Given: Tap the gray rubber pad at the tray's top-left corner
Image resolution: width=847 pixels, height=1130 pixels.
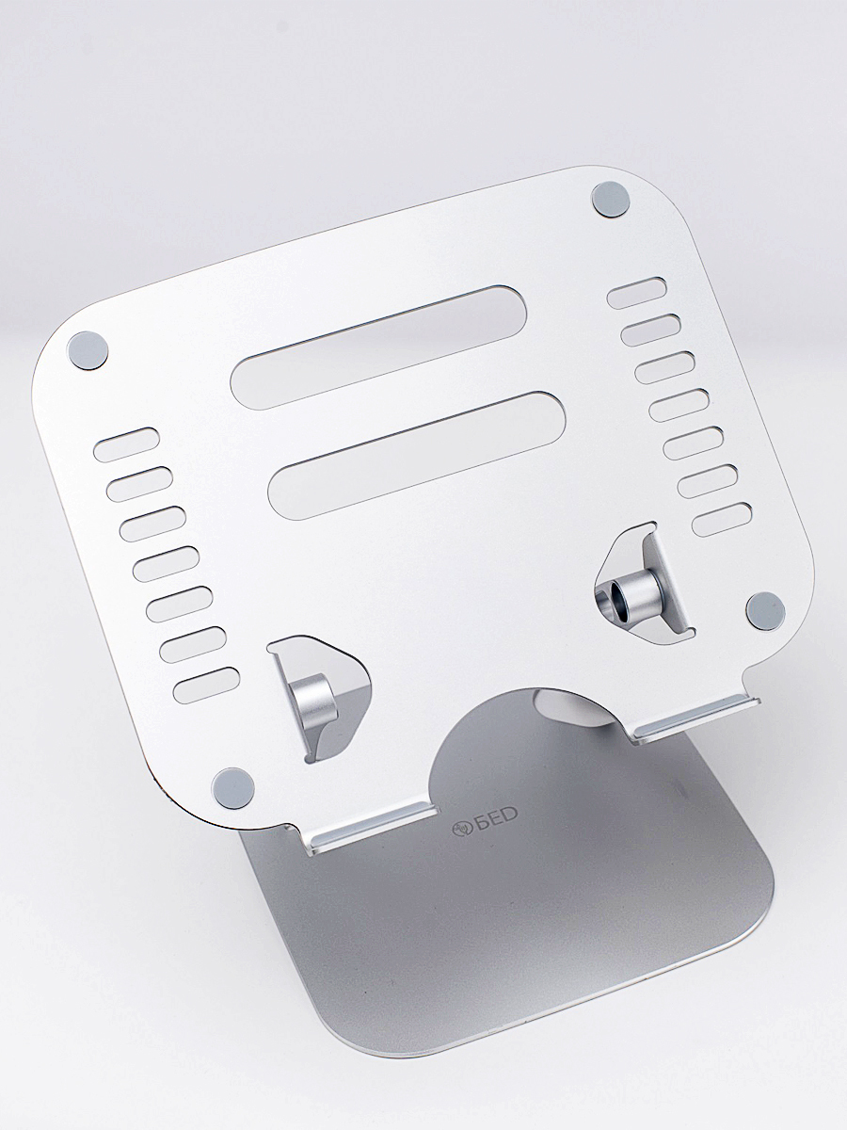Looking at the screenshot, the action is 88,349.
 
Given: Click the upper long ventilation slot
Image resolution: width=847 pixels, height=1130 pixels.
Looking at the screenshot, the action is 378,348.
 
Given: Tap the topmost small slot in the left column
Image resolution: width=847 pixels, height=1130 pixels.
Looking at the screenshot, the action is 126,444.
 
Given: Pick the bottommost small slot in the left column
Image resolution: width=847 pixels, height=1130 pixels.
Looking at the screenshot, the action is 207,686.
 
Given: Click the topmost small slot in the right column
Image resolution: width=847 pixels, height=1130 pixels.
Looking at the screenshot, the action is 637,293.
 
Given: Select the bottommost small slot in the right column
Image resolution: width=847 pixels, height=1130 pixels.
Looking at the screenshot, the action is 722,520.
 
